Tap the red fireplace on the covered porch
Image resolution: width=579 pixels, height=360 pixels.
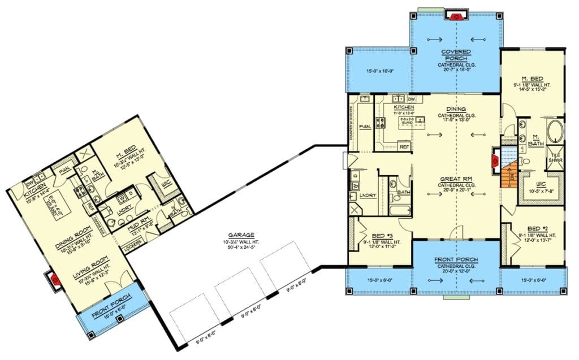click(456, 16)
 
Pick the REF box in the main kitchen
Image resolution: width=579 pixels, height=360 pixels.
click(404, 146)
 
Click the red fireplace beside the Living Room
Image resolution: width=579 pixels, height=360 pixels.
click(55, 279)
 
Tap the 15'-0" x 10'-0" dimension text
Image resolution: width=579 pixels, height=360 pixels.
click(375, 71)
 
